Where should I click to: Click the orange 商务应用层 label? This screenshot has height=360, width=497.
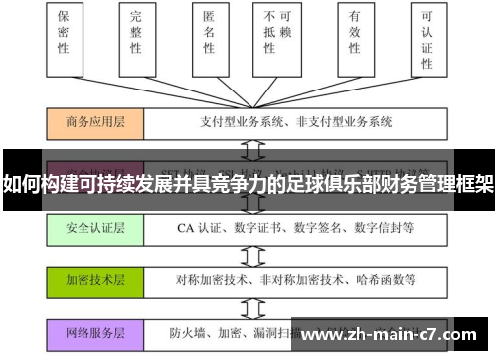point(95,122)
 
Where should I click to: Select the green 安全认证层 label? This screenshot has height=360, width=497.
point(95,228)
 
